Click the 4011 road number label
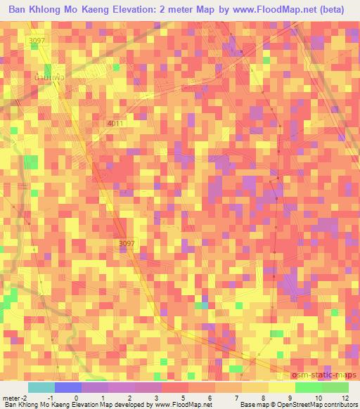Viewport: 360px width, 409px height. point(115,124)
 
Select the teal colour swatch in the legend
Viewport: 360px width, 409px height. point(41,387)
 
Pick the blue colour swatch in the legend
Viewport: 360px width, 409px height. point(67,387)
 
